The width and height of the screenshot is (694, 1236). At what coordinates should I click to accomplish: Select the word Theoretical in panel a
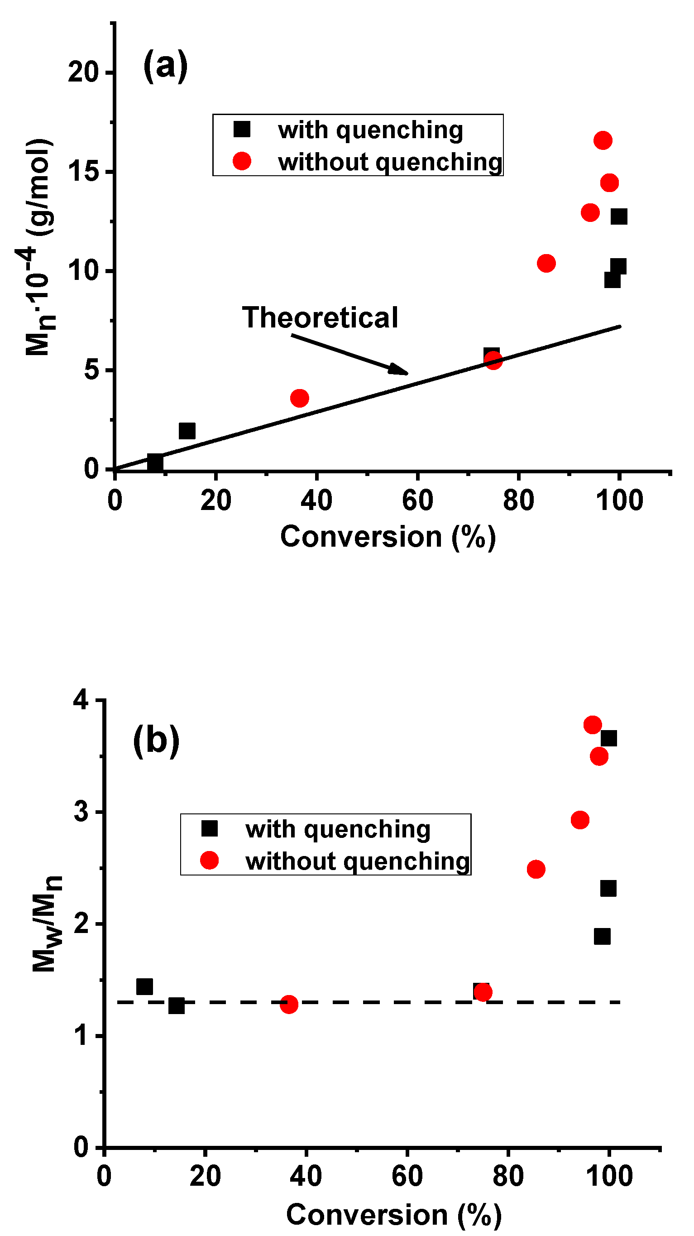click(320, 317)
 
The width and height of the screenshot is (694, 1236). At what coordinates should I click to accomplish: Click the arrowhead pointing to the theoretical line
click(399, 369)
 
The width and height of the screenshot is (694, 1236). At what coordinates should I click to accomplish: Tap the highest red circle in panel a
click(603, 140)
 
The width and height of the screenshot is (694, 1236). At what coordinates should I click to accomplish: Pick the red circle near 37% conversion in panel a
click(299, 398)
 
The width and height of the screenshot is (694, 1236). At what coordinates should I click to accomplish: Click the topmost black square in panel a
click(619, 216)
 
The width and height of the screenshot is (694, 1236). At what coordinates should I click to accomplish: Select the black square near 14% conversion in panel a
click(187, 430)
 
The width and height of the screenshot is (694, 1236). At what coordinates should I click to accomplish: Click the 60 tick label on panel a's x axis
click(417, 500)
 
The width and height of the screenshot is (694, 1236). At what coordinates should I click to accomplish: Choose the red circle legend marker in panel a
click(242, 161)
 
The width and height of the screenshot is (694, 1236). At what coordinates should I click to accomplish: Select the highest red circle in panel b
click(593, 725)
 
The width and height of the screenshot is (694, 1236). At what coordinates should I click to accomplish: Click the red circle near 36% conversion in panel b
click(289, 1004)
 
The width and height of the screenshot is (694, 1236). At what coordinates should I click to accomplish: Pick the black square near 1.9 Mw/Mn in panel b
click(602, 936)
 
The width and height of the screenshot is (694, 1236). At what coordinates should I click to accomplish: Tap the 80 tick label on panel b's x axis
click(508, 1176)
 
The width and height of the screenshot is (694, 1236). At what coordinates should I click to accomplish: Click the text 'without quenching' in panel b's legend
click(357, 861)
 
